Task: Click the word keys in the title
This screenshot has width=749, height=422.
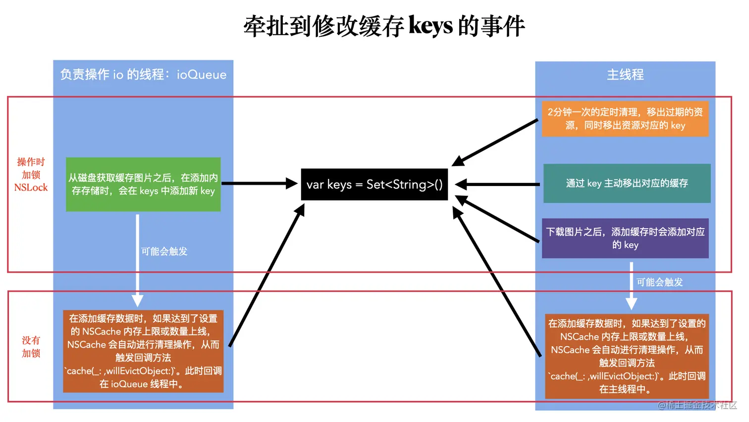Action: tap(430, 26)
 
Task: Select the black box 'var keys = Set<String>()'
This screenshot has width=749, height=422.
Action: tap(374, 184)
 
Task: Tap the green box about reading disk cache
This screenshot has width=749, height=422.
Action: tap(143, 184)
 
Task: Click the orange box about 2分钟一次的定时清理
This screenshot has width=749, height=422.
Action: tap(625, 119)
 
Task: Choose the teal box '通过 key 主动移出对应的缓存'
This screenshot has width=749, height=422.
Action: tap(627, 183)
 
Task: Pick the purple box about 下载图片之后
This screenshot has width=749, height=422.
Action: tap(625, 239)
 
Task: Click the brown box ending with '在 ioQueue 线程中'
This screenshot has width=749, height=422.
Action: tap(143, 351)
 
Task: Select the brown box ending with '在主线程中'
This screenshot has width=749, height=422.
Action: tap(627, 356)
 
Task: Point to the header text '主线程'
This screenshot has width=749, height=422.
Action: tap(625, 75)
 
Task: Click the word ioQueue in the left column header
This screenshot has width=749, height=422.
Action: tap(201, 75)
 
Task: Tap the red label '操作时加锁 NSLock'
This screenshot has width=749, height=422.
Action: tap(31, 175)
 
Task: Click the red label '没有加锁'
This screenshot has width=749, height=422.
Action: tap(31, 347)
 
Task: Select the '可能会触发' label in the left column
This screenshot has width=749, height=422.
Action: tap(164, 251)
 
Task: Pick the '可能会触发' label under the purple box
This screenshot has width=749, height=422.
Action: tap(659, 282)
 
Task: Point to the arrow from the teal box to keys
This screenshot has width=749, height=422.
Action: tap(497, 184)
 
